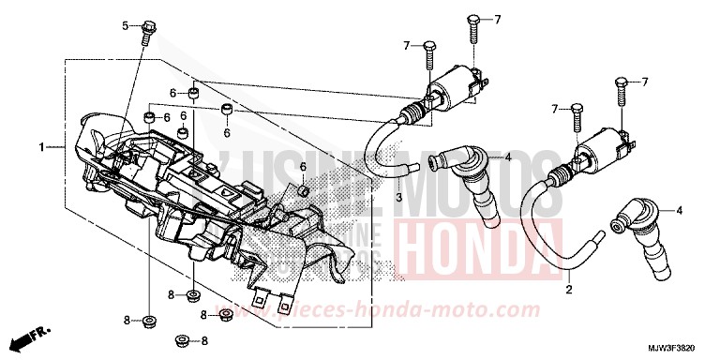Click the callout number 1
[x=42, y=147]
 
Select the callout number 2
[x=569, y=290]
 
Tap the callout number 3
[x=397, y=199]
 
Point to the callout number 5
[x=125, y=24]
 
